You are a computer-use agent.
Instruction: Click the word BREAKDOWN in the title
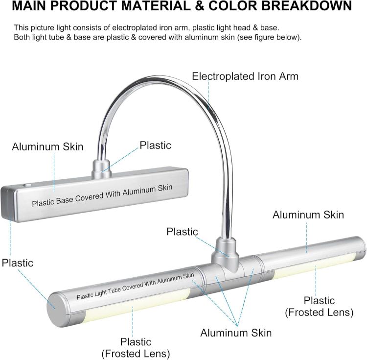tap(307, 5)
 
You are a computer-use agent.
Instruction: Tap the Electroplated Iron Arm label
tap(245, 76)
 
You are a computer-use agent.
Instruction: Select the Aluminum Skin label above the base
tap(47, 147)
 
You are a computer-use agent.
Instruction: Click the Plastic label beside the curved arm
tap(156, 145)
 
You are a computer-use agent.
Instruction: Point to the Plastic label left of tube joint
tap(183, 232)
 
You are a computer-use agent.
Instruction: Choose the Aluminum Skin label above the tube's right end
tap(308, 215)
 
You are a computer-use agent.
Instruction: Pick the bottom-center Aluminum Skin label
tap(236, 333)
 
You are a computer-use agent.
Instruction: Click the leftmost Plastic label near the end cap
tap(18, 263)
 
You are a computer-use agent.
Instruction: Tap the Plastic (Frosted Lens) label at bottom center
tap(136, 348)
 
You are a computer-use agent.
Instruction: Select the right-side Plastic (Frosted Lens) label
tap(319, 306)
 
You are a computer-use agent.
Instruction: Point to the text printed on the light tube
tap(135, 286)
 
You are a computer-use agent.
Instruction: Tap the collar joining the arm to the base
tap(101, 169)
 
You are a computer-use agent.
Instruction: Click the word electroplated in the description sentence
tap(135, 27)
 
